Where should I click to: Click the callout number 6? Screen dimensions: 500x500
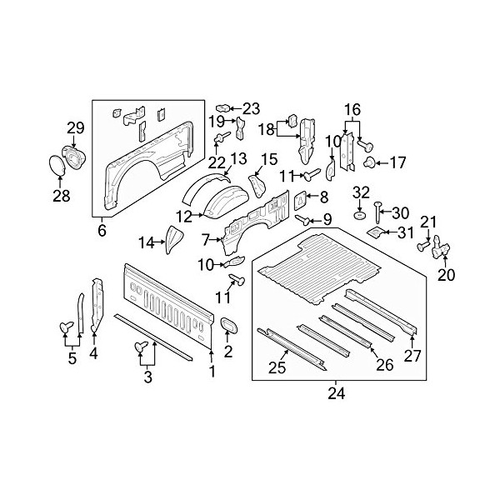click(x=102, y=230)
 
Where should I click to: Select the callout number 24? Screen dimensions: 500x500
click(x=337, y=394)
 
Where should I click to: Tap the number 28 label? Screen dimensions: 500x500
click(x=62, y=196)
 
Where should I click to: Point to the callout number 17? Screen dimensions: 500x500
click(x=397, y=163)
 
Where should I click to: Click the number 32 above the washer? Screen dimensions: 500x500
click(x=361, y=192)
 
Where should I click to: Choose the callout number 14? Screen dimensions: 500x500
click(x=146, y=243)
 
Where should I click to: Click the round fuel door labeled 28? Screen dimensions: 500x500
click(x=57, y=165)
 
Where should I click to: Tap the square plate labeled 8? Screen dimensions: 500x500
click(x=300, y=201)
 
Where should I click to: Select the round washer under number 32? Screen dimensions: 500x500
click(x=360, y=215)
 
